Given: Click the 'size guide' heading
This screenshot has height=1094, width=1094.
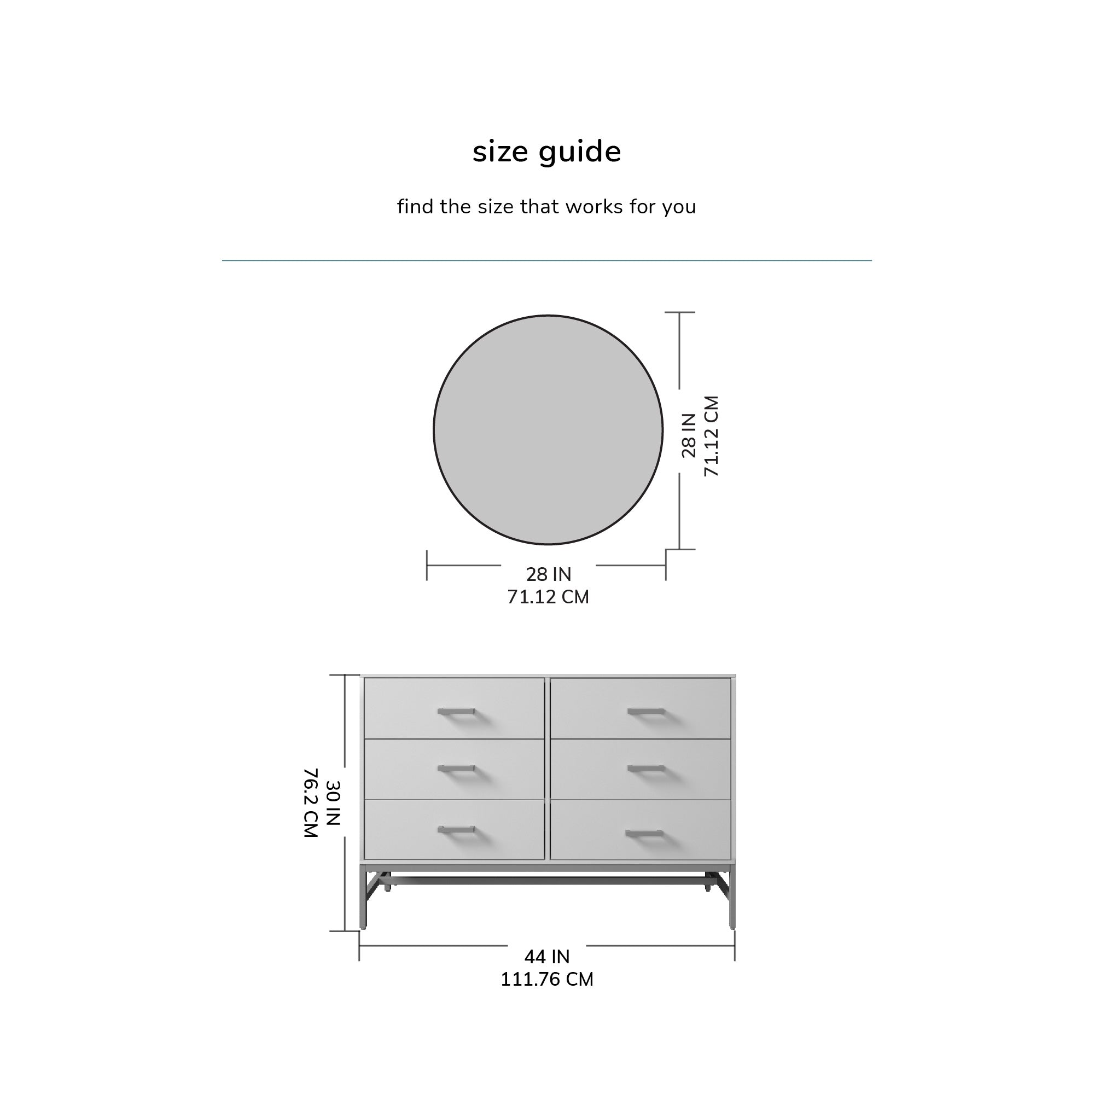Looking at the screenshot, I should tap(546, 152).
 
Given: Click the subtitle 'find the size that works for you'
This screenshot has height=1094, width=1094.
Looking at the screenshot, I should tap(546, 207).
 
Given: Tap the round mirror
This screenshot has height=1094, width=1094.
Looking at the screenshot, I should tap(548, 430).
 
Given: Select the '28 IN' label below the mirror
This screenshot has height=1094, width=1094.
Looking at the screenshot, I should tap(549, 574).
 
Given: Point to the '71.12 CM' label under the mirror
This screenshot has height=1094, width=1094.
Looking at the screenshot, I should tap(548, 597).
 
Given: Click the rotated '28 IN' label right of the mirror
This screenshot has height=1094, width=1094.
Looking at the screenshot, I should tap(689, 435).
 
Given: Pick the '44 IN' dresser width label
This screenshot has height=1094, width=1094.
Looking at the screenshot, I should tap(547, 956).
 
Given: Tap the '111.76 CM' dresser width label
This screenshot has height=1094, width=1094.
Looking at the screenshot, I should tap(547, 979).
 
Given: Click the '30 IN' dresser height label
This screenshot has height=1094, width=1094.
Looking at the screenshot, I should tap(333, 803).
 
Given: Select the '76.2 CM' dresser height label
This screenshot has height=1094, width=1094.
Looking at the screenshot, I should tap(311, 803).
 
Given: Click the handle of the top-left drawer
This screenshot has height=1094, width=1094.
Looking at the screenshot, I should tap(456, 711).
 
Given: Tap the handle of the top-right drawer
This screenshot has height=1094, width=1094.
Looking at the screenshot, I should tap(645, 711).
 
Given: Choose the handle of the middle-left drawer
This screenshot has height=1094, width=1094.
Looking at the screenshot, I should tap(456, 769).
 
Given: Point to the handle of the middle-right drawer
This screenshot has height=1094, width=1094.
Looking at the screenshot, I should tap(645, 769).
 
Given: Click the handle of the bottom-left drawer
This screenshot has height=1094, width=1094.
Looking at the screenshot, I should tap(456, 830).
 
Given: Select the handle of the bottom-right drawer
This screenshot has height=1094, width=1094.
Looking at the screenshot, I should tap(644, 833).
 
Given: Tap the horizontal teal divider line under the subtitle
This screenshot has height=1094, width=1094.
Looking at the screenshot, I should tap(546, 260).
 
